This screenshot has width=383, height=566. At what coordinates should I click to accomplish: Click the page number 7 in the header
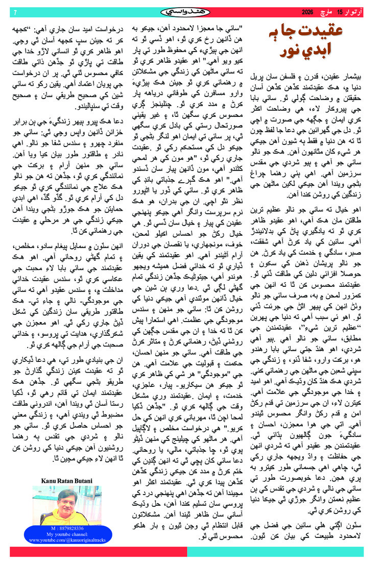tap(15, 12)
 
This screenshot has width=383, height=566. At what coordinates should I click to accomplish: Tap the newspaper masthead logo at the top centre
tap(192, 11)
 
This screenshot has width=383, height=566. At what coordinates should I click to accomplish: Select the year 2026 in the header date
tap(307, 11)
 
